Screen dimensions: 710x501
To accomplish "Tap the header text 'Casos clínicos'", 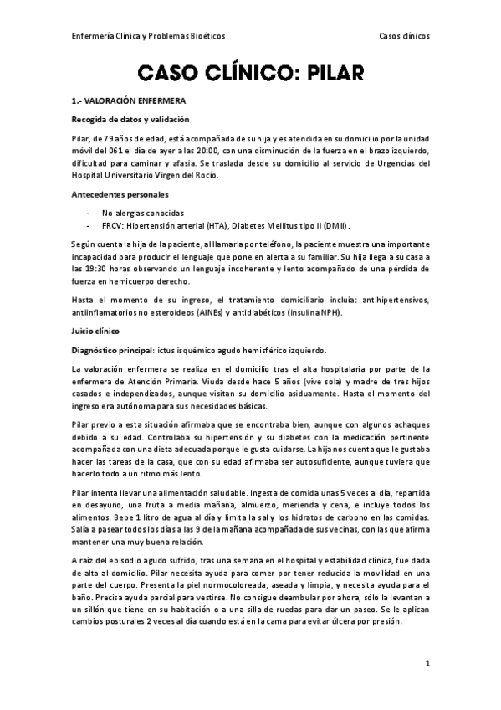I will pos(405,36).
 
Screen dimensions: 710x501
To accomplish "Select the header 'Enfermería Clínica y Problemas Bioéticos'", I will pos(148,36).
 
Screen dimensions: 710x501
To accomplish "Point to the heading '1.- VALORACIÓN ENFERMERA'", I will pos(128,100).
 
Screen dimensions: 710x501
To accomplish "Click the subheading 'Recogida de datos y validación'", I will pos(130,119).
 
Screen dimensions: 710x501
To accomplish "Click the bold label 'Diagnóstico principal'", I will pos(115,349).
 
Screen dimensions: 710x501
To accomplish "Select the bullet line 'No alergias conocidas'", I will pos(143,213).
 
